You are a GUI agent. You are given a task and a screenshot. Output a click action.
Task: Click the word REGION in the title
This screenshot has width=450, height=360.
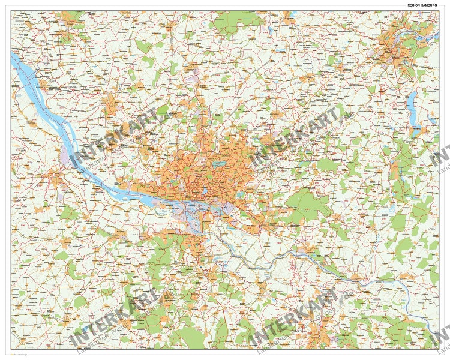(413, 5)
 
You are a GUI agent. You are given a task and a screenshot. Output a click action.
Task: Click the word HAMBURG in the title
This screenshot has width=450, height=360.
(429, 5)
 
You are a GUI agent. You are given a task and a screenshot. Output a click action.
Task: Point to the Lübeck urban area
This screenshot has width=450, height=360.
(396, 51)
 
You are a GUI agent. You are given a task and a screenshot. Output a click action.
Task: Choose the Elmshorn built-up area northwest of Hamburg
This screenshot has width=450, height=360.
(110, 106)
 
